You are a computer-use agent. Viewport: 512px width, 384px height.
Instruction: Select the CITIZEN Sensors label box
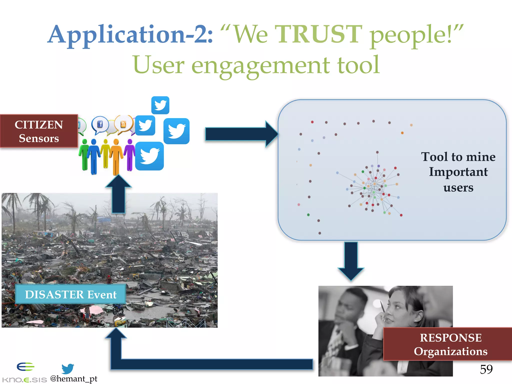pyautogui.click(x=39, y=131)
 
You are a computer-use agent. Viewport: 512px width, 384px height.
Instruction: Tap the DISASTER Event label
pyautogui.click(x=70, y=294)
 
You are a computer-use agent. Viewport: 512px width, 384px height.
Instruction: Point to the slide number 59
pyautogui.click(x=486, y=369)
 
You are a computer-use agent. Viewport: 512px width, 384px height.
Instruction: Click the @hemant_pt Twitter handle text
pyautogui.click(x=74, y=379)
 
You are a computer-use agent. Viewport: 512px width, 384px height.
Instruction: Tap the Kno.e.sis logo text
pyautogui.click(x=24, y=380)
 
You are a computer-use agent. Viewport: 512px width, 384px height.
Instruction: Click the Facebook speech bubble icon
pyautogui.click(x=100, y=124)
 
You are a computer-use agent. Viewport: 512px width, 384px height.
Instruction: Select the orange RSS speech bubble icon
pyautogui.click(x=123, y=124)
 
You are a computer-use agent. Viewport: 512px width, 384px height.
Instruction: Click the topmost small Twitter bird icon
pyautogui.click(x=160, y=105)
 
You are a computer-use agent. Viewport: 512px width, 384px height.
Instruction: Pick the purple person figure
pyautogui.click(x=129, y=155)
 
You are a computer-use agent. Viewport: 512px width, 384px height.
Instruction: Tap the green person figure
pyautogui.click(x=84, y=155)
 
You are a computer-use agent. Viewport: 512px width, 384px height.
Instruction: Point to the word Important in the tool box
pyautogui.click(x=458, y=172)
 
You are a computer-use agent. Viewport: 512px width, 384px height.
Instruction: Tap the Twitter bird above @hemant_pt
pyautogui.click(x=67, y=368)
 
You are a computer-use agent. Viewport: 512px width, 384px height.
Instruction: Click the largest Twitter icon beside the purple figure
pyautogui.click(x=149, y=156)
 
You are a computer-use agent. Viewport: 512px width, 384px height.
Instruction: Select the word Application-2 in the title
pyautogui.click(x=130, y=35)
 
